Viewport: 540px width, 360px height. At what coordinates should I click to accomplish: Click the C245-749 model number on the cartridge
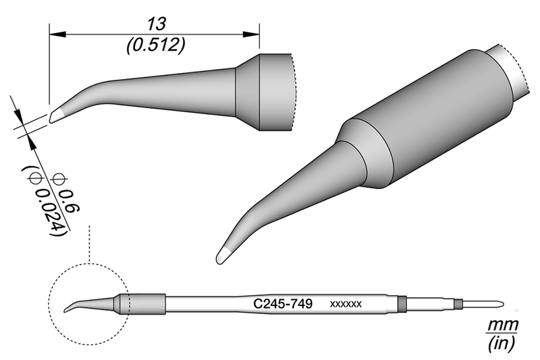(282, 305)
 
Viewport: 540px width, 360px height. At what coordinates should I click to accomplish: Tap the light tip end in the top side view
(55, 117)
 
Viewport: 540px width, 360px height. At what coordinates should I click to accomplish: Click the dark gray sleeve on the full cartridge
(142, 305)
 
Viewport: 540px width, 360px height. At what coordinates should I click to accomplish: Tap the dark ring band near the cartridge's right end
(402, 305)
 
